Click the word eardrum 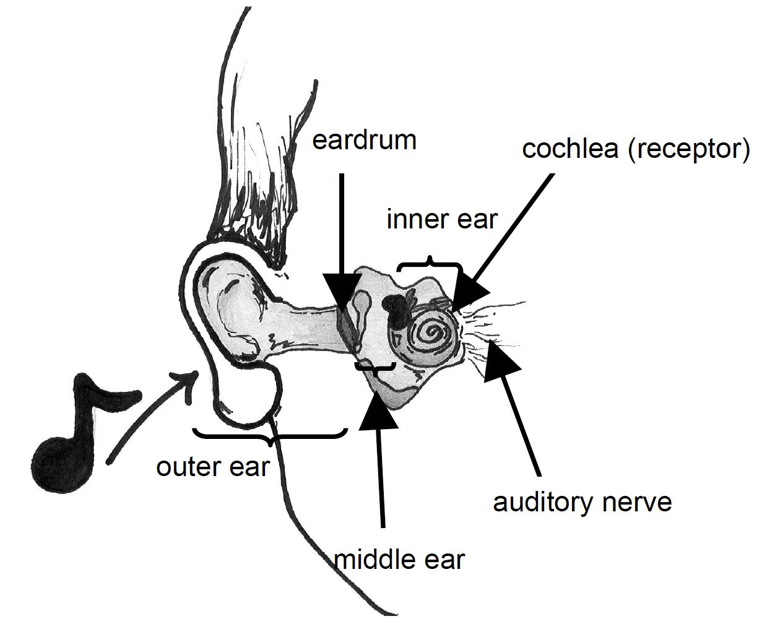coord(364,141)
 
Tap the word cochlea coord(570,149)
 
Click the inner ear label coord(441,220)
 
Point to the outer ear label coord(213,466)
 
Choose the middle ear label coord(399,560)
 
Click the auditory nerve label coord(582,501)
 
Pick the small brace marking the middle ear coord(375,368)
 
